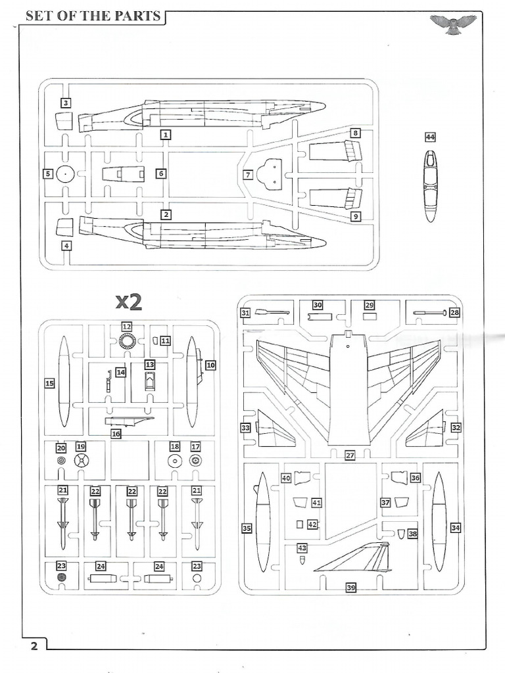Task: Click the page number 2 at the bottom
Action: coord(34,645)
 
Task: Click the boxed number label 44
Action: coord(430,137)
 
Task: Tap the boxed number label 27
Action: coord(350,455)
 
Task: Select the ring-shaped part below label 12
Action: coord(127,341)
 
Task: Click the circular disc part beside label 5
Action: coord(64,174)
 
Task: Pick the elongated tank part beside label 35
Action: coord(263,522)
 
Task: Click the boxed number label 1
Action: coord(166,135)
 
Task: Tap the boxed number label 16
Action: coord(116,433)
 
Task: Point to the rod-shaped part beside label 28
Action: coord(430,313)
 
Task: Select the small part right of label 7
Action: coord(270,173)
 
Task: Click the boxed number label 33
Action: coord(245,428)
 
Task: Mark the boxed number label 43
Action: coord(302,547)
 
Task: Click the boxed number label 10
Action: coord(210,364)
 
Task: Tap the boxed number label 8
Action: coord(355,133)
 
